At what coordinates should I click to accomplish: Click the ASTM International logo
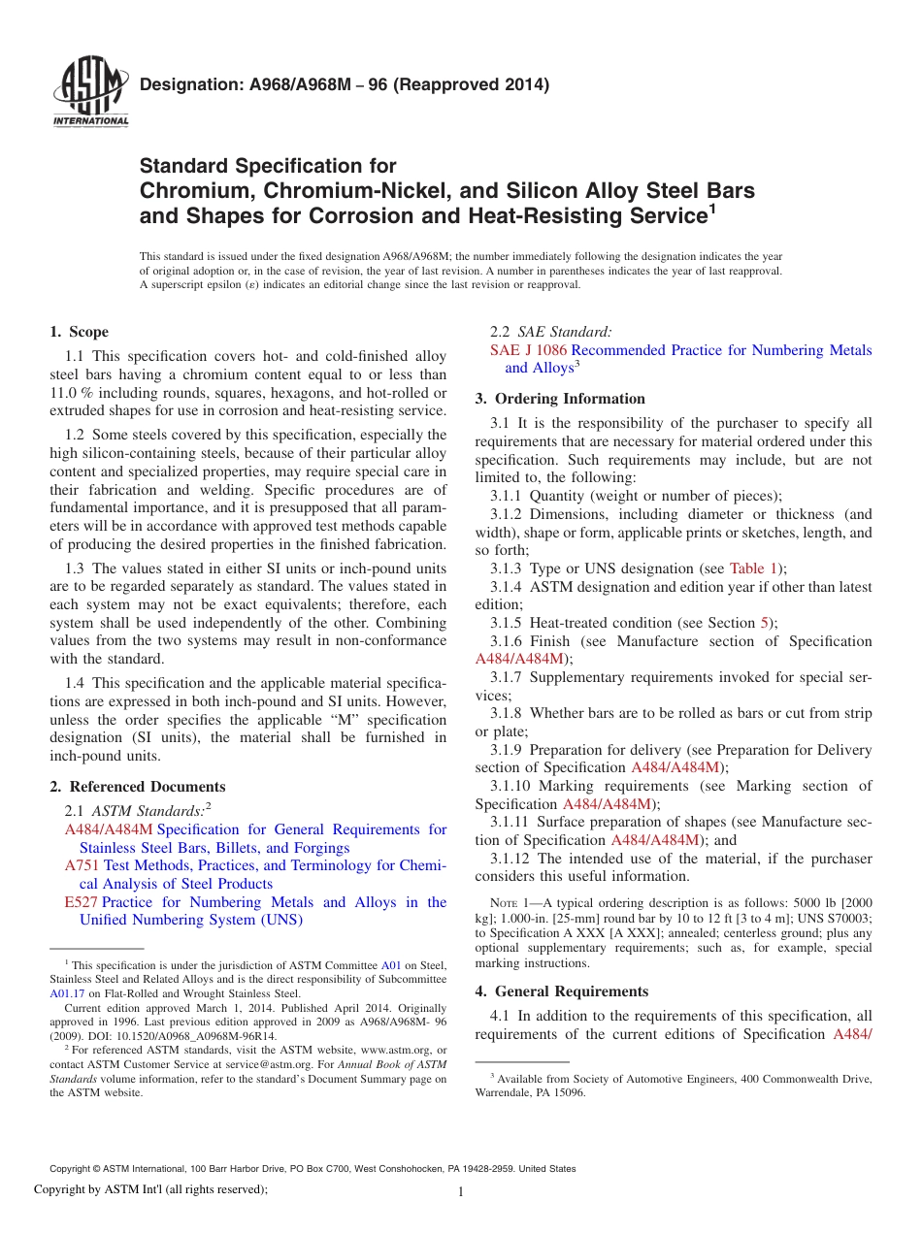point(89,93)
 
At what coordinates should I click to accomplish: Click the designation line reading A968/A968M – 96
point(345,84)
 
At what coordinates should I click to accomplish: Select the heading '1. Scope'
point(80,332)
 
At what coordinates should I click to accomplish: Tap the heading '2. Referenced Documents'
point(138,787)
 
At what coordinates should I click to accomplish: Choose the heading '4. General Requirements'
point(562,991)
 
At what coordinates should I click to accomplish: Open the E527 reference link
point(81,902)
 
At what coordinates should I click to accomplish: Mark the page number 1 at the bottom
point(461,1192)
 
